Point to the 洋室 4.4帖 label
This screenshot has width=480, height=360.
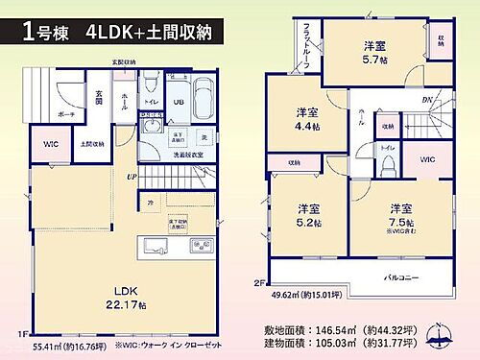tap(307, 119)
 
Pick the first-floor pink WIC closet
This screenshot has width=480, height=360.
tap(51, 145)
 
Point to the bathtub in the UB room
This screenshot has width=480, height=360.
tap(204, 98)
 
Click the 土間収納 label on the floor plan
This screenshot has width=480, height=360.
tap(92, 145)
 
